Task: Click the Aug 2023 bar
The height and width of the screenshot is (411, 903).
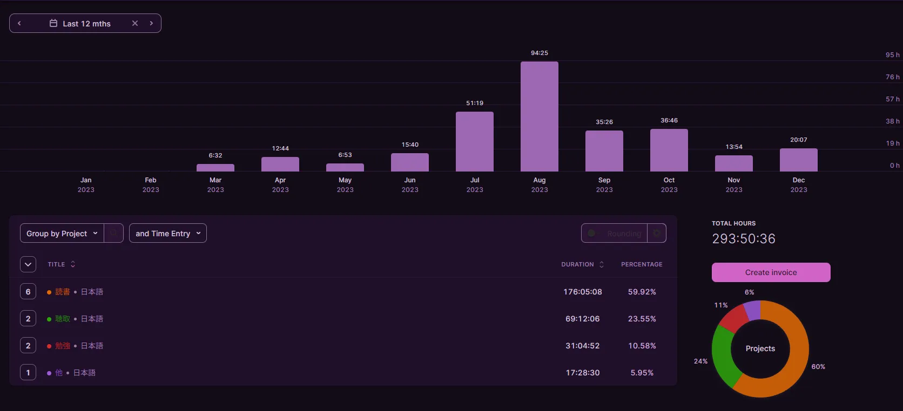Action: click(539, 117)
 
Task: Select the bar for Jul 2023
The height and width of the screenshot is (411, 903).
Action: click(474, 141)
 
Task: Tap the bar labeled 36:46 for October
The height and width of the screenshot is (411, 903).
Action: click(669, 150)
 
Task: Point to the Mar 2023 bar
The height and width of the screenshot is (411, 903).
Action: click(215, 168)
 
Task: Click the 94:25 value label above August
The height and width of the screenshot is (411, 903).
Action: click(539, 53)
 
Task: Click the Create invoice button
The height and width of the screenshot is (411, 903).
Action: click(771, 272)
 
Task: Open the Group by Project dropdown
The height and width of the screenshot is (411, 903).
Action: click(62, 234)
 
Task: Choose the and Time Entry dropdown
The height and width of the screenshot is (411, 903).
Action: click(167, 234)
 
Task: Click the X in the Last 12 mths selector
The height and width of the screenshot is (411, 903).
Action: click(135, 23)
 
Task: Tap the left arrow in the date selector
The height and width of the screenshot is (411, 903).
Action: click(19, 23)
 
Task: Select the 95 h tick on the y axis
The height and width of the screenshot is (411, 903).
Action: click(892, 55)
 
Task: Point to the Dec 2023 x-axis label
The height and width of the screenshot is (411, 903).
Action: click(798, 184)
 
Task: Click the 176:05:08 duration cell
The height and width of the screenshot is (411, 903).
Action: click(582, 292)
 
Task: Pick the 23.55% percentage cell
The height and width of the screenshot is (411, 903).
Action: click(642, 319)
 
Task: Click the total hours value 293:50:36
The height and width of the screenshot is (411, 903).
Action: click(743, 238)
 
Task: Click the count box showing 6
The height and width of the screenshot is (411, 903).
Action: click(28, 292)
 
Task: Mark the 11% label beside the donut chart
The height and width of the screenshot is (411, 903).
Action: click(721, 305)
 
